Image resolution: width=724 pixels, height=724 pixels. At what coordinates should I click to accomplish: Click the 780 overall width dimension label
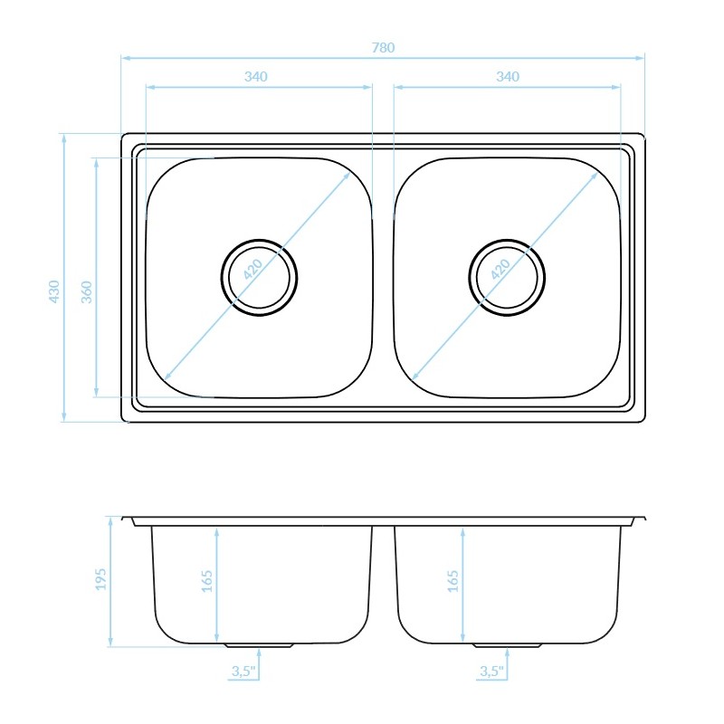[x=383, y=48]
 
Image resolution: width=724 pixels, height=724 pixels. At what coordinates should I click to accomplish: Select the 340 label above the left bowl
[x=256, y=77]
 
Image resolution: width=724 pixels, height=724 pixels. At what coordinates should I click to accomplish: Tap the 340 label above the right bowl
[x=508, y=77]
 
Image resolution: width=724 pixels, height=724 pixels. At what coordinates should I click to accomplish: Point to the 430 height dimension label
[x=54, y=291]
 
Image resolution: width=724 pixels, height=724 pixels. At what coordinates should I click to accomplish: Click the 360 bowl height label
[x=87, y=291]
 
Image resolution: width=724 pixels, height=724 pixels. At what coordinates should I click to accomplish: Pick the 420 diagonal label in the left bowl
[x=253, y=269]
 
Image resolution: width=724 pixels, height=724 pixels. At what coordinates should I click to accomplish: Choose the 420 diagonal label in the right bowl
[x=500, y=269]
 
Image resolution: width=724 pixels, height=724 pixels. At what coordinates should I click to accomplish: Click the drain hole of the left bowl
[x=259, y=278]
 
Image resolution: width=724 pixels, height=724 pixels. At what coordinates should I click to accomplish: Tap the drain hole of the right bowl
[x=507, y=278]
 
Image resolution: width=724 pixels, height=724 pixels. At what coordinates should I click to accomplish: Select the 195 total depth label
[x=100, y=578]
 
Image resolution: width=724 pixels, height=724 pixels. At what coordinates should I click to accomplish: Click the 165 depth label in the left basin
[x=207, y=581]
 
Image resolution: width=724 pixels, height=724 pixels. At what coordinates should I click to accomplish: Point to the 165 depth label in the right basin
[x=453, y=581]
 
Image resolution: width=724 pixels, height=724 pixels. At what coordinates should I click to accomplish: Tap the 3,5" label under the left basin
[x=243, y=671]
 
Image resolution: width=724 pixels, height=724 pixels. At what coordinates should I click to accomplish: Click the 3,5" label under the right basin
[x=491, y=671]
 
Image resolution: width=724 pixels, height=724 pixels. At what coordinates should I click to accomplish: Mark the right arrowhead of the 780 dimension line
[x=640, y=58]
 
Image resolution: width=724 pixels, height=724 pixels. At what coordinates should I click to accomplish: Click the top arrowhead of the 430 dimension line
[x=63, y=138]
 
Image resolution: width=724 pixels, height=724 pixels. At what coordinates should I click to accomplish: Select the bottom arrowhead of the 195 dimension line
[x=110, y=642]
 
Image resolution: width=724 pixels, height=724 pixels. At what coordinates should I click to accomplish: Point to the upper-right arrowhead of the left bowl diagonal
[x=346, y=177]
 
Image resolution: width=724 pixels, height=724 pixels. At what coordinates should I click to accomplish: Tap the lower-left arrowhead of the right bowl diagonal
[x=415, y=375]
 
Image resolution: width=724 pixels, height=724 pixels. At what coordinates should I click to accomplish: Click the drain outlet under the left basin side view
[x=260, y=645]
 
